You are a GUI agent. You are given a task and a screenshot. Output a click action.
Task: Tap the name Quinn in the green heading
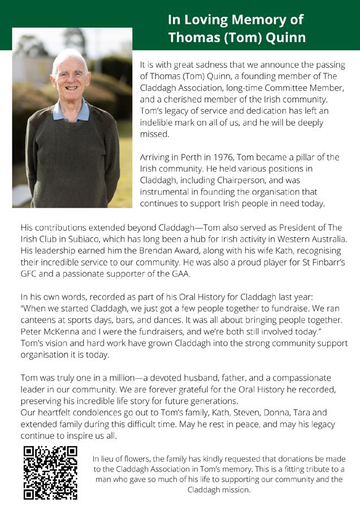[x=285, y=38]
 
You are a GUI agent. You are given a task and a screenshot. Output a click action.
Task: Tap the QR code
[x=50, y=473]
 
